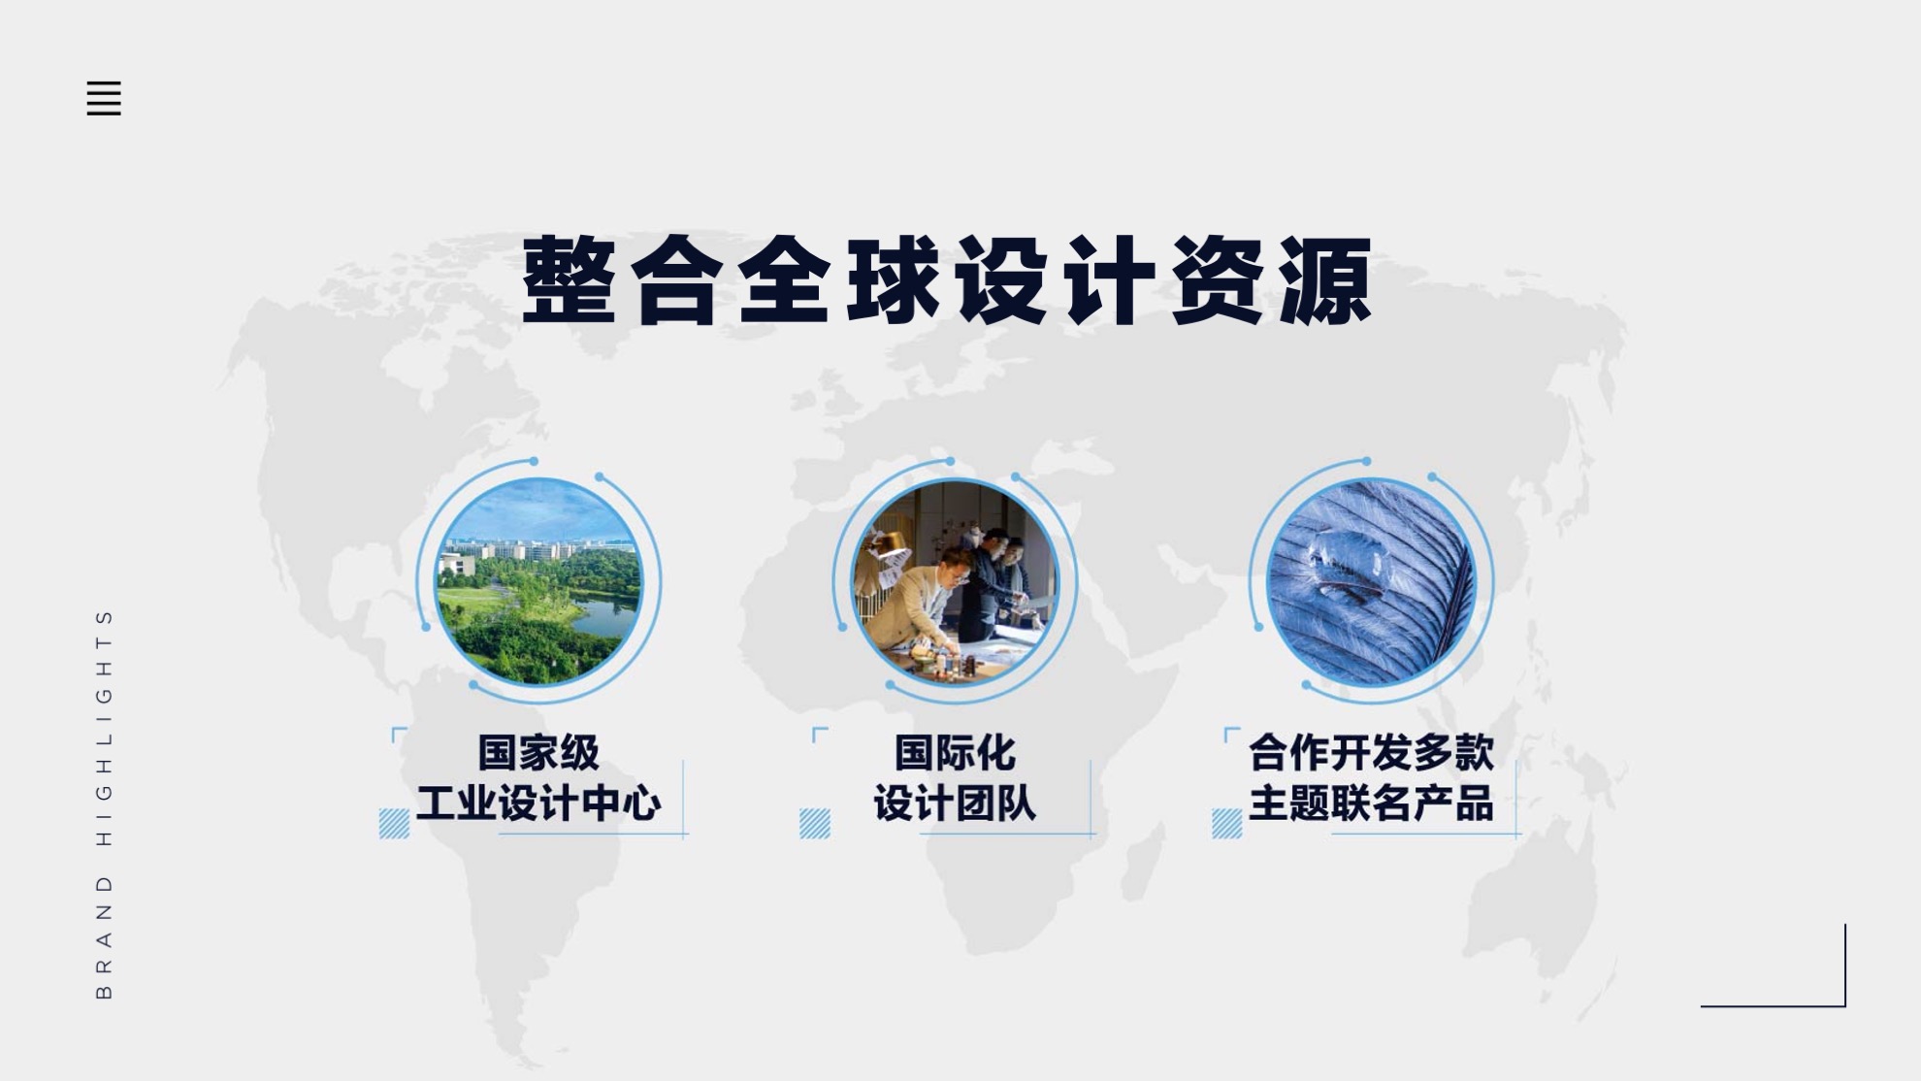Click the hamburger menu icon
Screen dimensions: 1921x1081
coord(104,98)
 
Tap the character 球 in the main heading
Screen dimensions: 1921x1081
coord(894,279)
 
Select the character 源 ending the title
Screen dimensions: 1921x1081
coord(1325,279)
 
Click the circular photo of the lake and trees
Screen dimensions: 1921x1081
coord(538,581)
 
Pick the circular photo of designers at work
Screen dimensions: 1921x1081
coord(955,581)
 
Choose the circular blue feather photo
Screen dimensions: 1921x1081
coord(1371,581)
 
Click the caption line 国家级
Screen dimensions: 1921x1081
coord(538,752)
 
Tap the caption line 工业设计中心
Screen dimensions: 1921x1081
coord(538,803)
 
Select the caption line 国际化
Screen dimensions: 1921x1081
coord(955,752)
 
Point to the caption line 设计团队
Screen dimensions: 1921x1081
coord(955,803)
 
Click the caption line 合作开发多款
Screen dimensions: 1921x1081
coord(1371,752)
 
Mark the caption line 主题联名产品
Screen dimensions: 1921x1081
coord(1371,803)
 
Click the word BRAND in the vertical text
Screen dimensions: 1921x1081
coord(105,936)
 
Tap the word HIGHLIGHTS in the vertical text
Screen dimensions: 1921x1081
coord(105,727)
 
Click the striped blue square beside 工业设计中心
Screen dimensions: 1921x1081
coord(394,823)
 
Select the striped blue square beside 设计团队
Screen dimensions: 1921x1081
coord(815,823)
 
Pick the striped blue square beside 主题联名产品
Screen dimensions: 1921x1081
coord(1227,823)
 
